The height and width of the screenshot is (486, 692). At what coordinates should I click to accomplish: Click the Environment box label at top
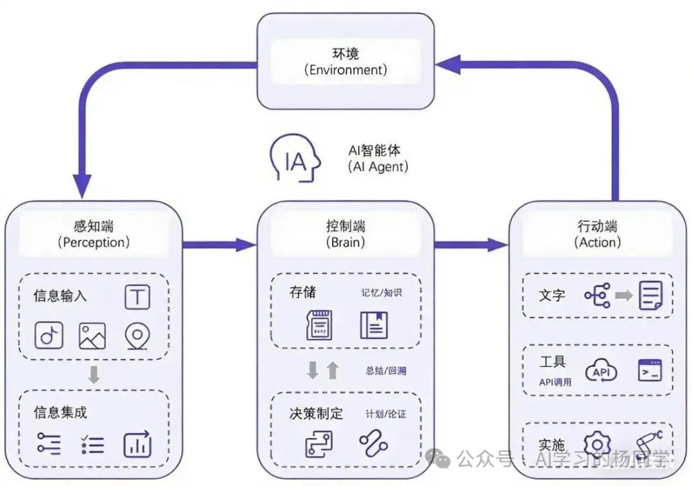345,61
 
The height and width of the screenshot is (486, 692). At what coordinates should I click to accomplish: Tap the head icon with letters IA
295,159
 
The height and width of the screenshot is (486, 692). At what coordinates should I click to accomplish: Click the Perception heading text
94,234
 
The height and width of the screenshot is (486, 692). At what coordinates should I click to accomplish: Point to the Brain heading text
345,234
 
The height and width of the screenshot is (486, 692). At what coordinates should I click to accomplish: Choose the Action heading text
597,234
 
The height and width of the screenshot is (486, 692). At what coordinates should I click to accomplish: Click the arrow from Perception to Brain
218,244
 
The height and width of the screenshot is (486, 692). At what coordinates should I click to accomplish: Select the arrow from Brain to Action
471,244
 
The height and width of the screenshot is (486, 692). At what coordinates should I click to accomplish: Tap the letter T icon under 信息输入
137,297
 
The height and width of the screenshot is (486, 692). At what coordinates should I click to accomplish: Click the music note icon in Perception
49,336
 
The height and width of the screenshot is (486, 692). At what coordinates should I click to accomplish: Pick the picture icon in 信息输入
92,336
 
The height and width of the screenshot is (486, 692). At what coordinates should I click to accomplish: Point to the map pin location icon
136,336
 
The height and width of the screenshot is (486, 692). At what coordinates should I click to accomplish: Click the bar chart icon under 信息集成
137,444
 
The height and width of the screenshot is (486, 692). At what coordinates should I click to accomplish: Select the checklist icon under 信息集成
93,444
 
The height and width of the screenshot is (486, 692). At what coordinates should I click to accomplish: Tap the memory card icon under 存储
320,324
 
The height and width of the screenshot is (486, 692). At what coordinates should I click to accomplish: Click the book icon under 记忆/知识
374,324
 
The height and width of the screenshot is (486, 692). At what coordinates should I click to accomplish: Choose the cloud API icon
601,371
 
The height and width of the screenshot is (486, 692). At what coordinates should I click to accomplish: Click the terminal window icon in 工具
650,371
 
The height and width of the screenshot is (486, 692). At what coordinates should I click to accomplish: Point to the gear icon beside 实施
597,445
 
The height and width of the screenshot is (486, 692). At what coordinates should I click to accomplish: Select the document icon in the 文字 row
650,295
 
